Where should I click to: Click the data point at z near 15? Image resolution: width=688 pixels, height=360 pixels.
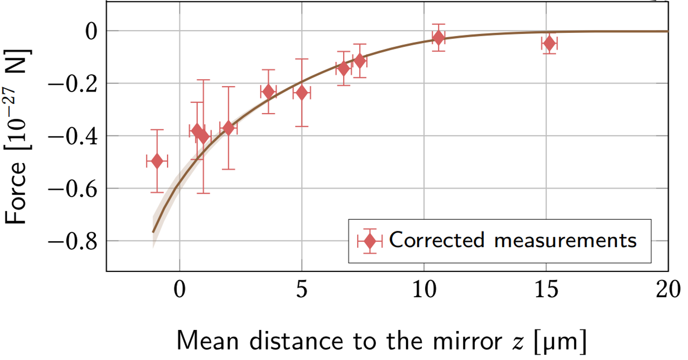(x=549, y=43)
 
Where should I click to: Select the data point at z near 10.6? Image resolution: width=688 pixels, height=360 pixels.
(x=438, y=37)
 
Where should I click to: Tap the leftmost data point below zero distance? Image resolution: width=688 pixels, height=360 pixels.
(x=157, y=161)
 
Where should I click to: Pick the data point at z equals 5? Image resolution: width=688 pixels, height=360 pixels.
(x=301, y=93)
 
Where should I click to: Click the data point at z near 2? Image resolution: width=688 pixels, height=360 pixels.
(x=228, y=128)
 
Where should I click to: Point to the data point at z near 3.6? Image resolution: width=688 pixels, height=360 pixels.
(x=269, y=91)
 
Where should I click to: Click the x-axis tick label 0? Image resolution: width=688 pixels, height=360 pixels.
(x=180, y=290)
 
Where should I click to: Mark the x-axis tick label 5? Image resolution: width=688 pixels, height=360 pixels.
(x=302, y=290)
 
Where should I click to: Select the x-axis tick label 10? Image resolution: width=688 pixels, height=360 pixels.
(x=423, y=290)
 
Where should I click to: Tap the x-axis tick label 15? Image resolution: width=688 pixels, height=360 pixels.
(x=545, y=290)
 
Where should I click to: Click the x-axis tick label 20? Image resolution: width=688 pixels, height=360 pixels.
(x=668, y=290)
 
